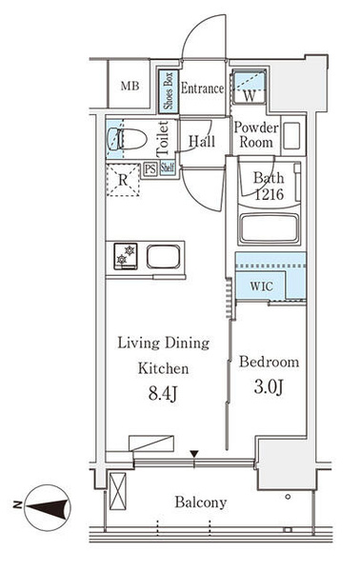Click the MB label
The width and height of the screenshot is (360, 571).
click(x=130, y=86)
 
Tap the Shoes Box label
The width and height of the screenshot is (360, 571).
click(x=169, y=91)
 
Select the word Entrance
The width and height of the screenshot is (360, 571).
click(x=203, y=89)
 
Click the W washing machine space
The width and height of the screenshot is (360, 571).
click(x=250, y=87)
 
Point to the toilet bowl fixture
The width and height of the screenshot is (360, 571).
click(x=128, y=139)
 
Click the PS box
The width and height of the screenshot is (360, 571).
click(x=150, y=169)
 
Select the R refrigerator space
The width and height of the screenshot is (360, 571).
click(x=123, y=180)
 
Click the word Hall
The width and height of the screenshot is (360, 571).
click(x=202, y=141)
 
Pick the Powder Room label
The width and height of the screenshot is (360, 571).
click(x=256, y=134)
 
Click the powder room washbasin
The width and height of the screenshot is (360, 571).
click(x=291, y=135)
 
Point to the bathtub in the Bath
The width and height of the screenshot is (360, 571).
click(x=270, y=228)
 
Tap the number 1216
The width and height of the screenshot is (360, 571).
click(x=269, y=194)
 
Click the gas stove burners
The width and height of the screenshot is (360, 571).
click(x=126, y=256)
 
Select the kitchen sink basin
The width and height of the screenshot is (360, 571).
click(x=164, y=256)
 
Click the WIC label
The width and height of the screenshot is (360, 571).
click(x=262, y=286)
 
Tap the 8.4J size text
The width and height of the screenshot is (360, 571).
click(x=163, y=394)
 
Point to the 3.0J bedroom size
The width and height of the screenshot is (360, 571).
click(x=269, y=387)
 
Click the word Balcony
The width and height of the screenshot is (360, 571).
click(x=201, y=502)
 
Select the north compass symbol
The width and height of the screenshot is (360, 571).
click(x=47, y=507)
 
